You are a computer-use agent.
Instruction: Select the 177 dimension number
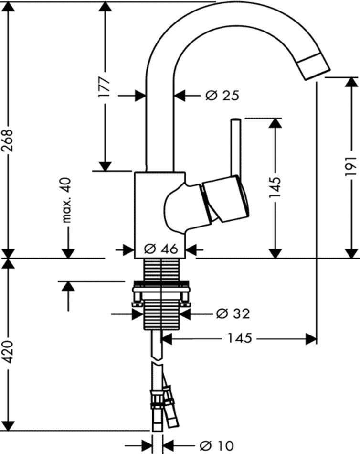[x=105, y=86]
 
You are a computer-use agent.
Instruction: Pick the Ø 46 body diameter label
[x=160, y=249]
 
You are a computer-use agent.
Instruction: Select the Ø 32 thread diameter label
[x=233, y=314]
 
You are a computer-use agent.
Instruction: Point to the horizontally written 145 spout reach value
[x=239, y=338]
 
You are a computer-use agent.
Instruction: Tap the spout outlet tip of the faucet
[x=315, y=67]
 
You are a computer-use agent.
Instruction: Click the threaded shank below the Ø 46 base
[x=162, y=270]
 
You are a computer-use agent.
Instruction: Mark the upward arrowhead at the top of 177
[x=105, y=7]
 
